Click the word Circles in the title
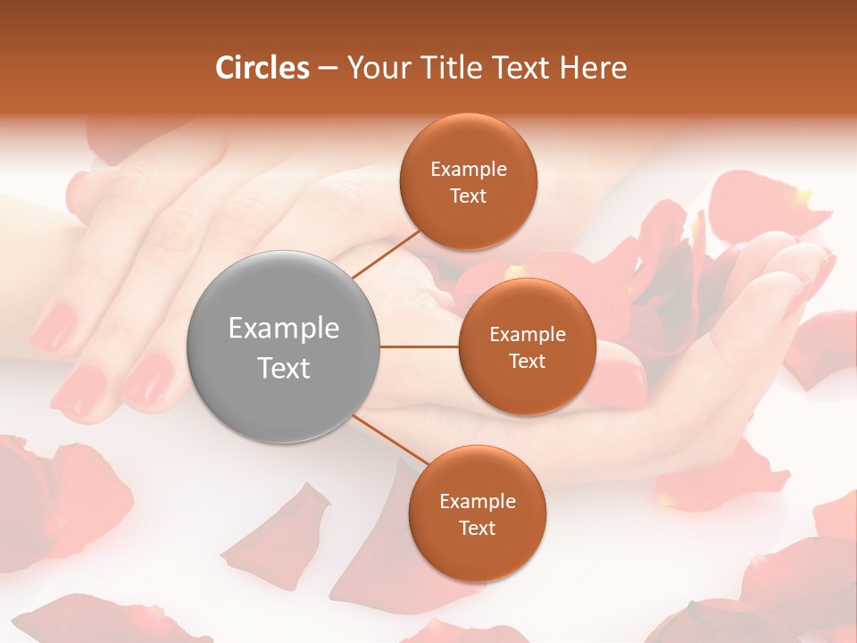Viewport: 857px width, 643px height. (262, 68)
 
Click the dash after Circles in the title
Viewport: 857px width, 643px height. (328, 69)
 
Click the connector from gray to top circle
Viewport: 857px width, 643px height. (387, 254)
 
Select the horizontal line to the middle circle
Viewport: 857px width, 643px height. (419, 347)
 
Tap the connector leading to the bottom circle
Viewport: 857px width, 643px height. (391, 440)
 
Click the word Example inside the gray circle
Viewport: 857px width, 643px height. (283, 329)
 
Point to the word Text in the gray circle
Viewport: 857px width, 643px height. (283, 367)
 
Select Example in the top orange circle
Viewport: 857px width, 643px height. (468, 169)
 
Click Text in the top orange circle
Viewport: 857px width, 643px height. (468, 196)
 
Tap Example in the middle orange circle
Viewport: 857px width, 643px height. (527, 335)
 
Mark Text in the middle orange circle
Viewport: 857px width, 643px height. (527, 361)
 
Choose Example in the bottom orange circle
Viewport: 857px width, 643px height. (477, 501)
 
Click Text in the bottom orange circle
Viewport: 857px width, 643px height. (477, 528)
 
